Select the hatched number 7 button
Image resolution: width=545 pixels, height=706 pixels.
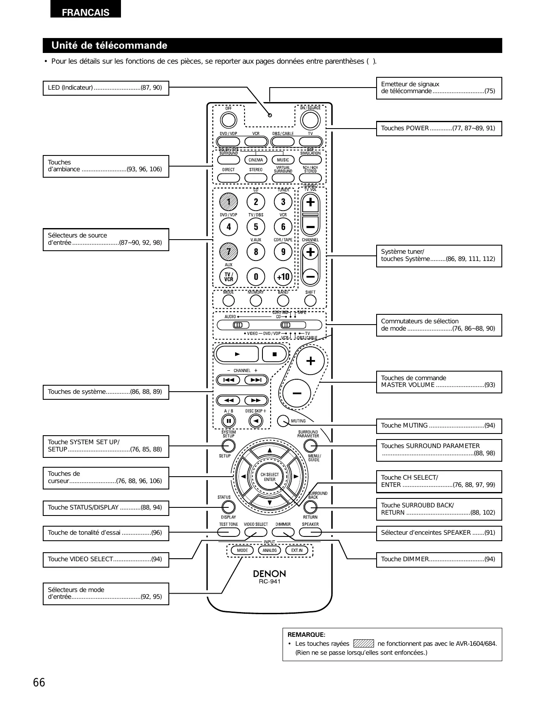(229, 252)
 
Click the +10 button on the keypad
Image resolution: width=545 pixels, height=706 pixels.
(283, 277)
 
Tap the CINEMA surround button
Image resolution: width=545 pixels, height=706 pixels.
(256, 160)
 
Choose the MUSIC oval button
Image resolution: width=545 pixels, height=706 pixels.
(283, 160)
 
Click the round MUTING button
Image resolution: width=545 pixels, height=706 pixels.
(283, 421)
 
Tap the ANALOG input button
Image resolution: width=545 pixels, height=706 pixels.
(269, 550)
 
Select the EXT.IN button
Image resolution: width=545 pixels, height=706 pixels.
(297, 550)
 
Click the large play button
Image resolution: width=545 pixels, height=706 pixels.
(237, 354)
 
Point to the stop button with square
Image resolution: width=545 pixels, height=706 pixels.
(275, 354)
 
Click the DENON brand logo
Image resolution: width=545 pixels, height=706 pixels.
(269, 573)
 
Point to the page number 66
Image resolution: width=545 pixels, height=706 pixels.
(39, 683)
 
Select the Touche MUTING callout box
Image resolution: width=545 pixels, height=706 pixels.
(439, 426)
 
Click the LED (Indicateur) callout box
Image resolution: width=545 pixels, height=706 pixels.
(106, 88)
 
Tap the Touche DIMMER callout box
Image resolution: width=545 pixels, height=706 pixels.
(439, 559)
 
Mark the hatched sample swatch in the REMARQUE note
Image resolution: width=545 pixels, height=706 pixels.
(364, 644)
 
